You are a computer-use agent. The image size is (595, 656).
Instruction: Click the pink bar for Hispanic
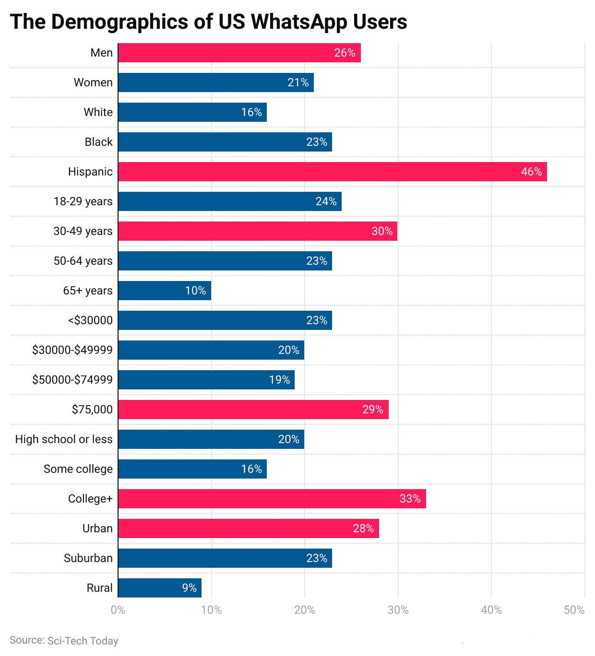(x=332, y=172)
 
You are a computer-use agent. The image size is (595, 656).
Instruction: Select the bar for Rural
(x=159, y=588)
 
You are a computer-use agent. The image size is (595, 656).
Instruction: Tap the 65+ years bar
(x=164, y=291)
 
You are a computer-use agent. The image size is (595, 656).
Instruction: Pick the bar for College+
(x=272, y=499)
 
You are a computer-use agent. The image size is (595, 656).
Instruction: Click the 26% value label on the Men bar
(x=345, y=53)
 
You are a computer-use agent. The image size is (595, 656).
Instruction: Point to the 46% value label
(x=531, y=172)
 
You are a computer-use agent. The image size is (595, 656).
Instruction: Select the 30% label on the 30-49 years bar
(x=382, y=231)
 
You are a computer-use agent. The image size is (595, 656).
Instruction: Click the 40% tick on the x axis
(x=491, y=610)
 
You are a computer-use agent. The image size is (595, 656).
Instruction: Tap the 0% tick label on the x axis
(x=118, y=610)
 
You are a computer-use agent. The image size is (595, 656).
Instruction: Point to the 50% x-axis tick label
(x=574, y=610)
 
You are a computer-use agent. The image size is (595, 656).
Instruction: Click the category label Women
(x=93, y=82)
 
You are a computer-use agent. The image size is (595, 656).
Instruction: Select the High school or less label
(x=64, y=439)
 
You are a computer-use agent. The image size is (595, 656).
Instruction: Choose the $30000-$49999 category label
(x=72, y=350)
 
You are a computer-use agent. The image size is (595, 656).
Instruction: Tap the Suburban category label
(x=88, y=558)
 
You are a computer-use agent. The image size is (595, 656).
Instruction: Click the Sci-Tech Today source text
(x=83, y=641)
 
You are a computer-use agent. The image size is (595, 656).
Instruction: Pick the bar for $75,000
(x=253, y=410)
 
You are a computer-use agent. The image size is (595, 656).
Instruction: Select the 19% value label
(x=279, y=380)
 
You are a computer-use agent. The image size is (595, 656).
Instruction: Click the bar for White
(x=192, y=112)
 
